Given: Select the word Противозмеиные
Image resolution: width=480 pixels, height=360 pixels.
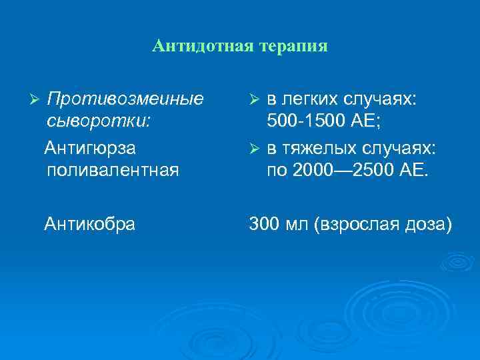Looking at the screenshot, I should click(x=126, y=99).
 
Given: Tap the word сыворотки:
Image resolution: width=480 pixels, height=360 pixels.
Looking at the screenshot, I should click(x=99, y=122).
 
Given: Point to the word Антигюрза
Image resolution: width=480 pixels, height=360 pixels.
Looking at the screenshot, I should click(x=89, y=146).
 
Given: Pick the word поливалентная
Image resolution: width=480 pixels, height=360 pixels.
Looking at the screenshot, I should click(x=113, y=169).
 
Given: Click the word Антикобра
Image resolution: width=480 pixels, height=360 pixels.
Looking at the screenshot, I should click(x=89, y=225).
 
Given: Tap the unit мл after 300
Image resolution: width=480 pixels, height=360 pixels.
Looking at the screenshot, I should click(x=297, y=225).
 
